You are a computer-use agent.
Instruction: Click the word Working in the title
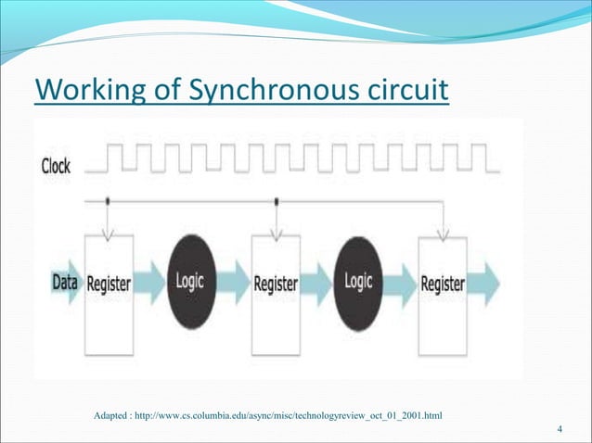pos(86,93)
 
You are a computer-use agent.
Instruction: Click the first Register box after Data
pos(109,283)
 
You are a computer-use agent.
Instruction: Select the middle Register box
pos(276,283)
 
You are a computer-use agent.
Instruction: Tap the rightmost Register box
pos(443,283)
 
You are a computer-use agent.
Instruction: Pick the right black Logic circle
pos(358,282)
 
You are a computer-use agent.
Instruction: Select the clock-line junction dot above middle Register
pos(276,199)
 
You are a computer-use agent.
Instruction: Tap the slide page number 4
pos(560,428)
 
